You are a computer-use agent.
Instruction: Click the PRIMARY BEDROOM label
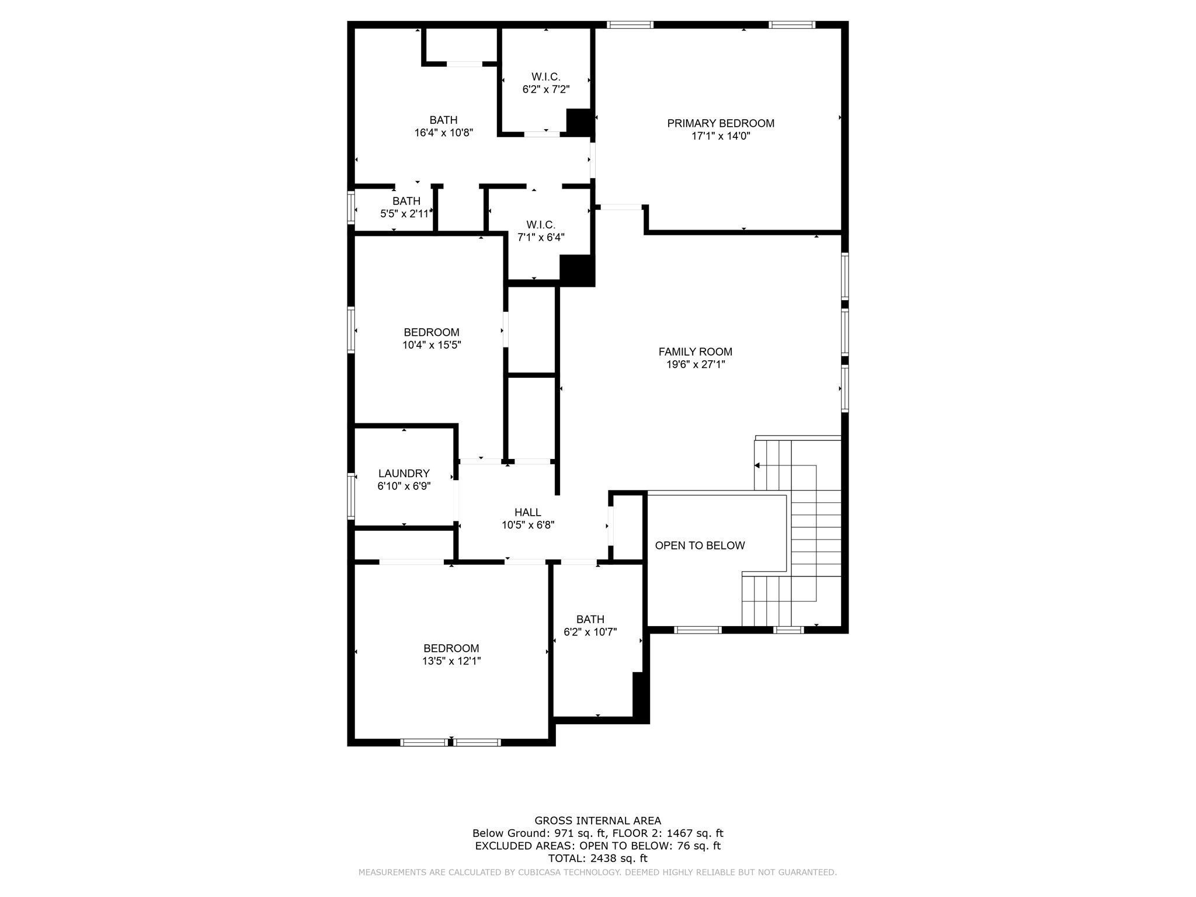pyautogui.click(x=721, y=123)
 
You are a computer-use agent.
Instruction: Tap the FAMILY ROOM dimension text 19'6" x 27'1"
pyautogui.click(x=695, y=364)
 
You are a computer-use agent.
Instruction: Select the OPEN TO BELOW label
pyautogui.click(x=700, y=545)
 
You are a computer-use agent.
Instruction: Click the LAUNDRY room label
pyautogui.click(x=404, y=474)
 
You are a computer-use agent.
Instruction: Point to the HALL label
pyautogui.click(x=527, y=512)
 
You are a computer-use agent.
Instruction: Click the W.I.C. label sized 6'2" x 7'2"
pyautogui.click(x=545, y=77)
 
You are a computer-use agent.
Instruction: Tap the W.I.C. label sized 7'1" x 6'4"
pyautogui.click(x=540, y=225)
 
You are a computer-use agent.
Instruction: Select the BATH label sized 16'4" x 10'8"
pyautogui.click(x=443, y=120)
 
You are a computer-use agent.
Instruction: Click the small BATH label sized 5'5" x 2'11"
pyautogui.click(x=406, y=201)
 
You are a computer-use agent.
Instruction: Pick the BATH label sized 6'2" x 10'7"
pyautogui.click(x=590, y=619)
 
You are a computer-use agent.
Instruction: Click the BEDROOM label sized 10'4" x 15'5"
pyautogui.click(x=431, y=332)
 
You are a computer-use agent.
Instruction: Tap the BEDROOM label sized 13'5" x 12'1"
pyautogui.click(x=451, y=648)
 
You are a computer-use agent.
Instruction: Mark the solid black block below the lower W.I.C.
pyautogui.click(x=576, y=270)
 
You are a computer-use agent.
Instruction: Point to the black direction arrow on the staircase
pyautogui.click(x=757, y=465)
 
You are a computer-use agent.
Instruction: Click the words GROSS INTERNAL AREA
pyautogui.click(x=597, y=820)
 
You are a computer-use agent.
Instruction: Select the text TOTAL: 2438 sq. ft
pyautogui.click(x=597, y=858)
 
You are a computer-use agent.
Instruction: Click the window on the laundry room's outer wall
pyautogui.click(x=351, y=496)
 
